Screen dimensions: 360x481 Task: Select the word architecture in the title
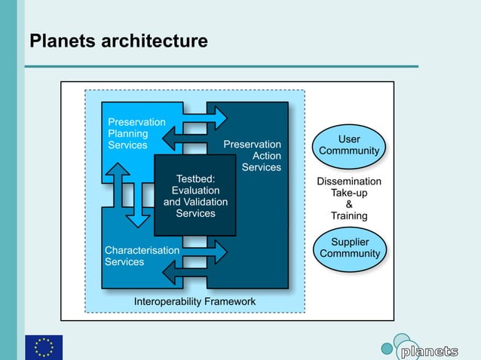point(155,41)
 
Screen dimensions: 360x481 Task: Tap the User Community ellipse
point(349,145)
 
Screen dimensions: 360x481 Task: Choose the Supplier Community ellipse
point(350,248)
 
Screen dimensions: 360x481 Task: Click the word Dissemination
point(349,182)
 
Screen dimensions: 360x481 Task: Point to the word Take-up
point(349,193)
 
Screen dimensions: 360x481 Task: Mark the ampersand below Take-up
point(349,204)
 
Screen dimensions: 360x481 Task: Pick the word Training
point(349,215)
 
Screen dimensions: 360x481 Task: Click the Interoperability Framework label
point(195,301)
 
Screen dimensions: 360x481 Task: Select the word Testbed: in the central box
point(195,178)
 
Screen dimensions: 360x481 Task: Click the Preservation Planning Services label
point(136,133)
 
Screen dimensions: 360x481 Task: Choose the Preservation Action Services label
point(253,156)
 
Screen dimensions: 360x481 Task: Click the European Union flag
point(44,347)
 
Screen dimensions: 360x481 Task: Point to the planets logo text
point(428,352)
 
